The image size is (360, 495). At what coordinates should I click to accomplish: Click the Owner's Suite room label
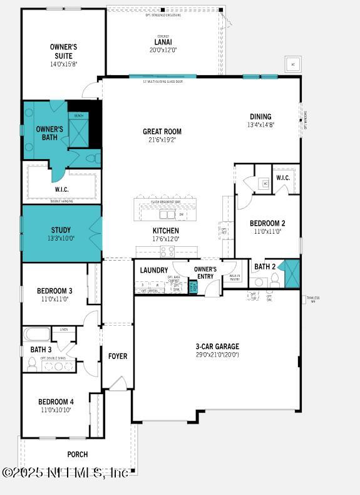[63, 51]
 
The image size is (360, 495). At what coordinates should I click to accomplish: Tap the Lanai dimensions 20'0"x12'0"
[158, 51]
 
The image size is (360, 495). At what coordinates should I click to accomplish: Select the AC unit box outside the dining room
[292, 65]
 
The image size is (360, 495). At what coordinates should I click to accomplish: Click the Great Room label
[162, 132]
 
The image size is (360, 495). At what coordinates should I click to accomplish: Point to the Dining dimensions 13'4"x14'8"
[260, 125]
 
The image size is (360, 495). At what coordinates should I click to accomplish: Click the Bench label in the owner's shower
[79, 115]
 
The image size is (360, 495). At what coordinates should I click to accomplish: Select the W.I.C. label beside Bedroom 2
[283, 177]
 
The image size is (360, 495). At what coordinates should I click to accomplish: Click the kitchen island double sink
[167, 215]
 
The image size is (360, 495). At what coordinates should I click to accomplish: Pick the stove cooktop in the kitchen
[167, 251]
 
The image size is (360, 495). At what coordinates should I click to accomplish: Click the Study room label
[61, 230]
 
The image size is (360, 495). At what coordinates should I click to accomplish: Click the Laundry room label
[153, 270]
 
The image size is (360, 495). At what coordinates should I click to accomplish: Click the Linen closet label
[64, 329]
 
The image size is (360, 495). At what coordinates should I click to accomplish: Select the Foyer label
[118, 356]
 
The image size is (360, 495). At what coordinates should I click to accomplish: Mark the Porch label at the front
[78, 454]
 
